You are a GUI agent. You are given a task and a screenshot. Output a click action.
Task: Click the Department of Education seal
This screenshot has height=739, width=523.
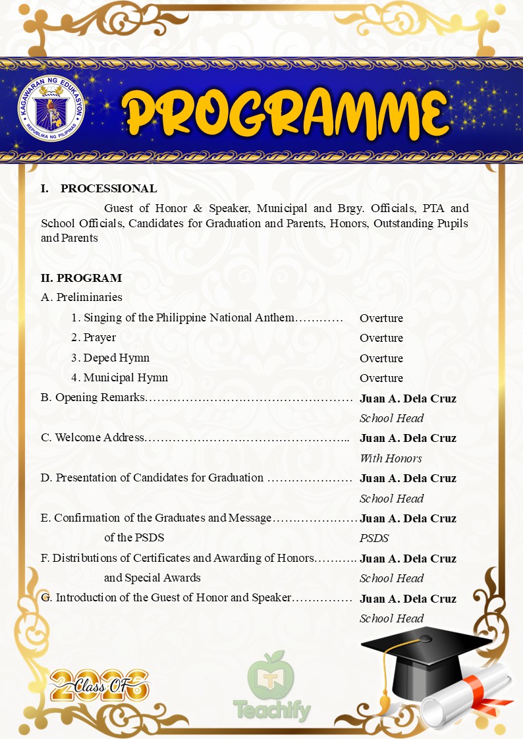click(51, 109)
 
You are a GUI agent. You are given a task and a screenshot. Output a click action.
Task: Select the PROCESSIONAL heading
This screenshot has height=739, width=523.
click(109, 189)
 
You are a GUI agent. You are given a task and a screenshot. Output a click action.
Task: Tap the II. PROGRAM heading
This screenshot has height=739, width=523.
click(81, 278)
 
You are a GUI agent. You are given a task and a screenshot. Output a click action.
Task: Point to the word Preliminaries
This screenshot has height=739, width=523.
click(89, 298)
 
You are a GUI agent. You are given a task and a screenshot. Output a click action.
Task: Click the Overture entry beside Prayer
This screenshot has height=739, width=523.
click(381, 338)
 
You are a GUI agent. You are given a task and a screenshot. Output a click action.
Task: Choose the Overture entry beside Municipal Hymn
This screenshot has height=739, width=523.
click(381, 378)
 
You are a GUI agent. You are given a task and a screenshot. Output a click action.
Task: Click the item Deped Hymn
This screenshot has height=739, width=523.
click(116, 358)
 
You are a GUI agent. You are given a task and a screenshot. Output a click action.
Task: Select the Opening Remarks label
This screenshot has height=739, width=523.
click(99, 398)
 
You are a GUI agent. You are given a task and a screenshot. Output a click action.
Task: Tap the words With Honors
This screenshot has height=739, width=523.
click(391, 458)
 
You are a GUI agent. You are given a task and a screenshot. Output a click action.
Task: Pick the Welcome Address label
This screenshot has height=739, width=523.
click(99, 438)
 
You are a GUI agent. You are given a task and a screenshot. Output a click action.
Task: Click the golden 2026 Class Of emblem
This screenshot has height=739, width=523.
click(99, 685)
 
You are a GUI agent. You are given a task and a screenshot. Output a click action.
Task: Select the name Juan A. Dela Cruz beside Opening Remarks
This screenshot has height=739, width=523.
click(408, 398)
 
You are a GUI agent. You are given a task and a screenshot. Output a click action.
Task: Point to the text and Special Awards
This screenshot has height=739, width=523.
click(152, 578)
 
